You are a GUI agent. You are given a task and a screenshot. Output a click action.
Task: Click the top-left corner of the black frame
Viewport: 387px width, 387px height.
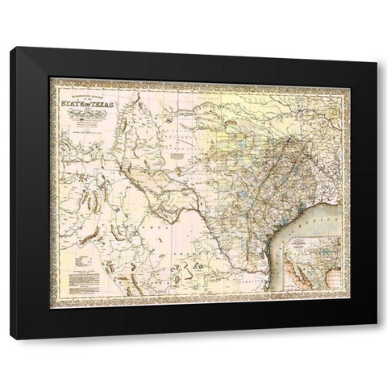[x=11, y=49]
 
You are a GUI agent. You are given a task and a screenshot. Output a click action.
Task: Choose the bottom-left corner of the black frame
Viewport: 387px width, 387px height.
[x=11, y=338]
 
